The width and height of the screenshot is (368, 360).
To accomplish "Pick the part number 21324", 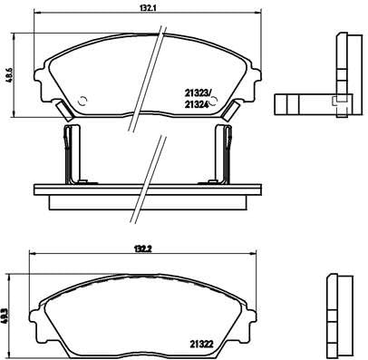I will [199, 104].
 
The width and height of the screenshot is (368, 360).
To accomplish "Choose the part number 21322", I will [202, 343].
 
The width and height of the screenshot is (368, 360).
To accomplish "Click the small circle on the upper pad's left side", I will [82, 101].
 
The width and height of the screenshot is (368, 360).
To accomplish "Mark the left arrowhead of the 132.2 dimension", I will [29, 252].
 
